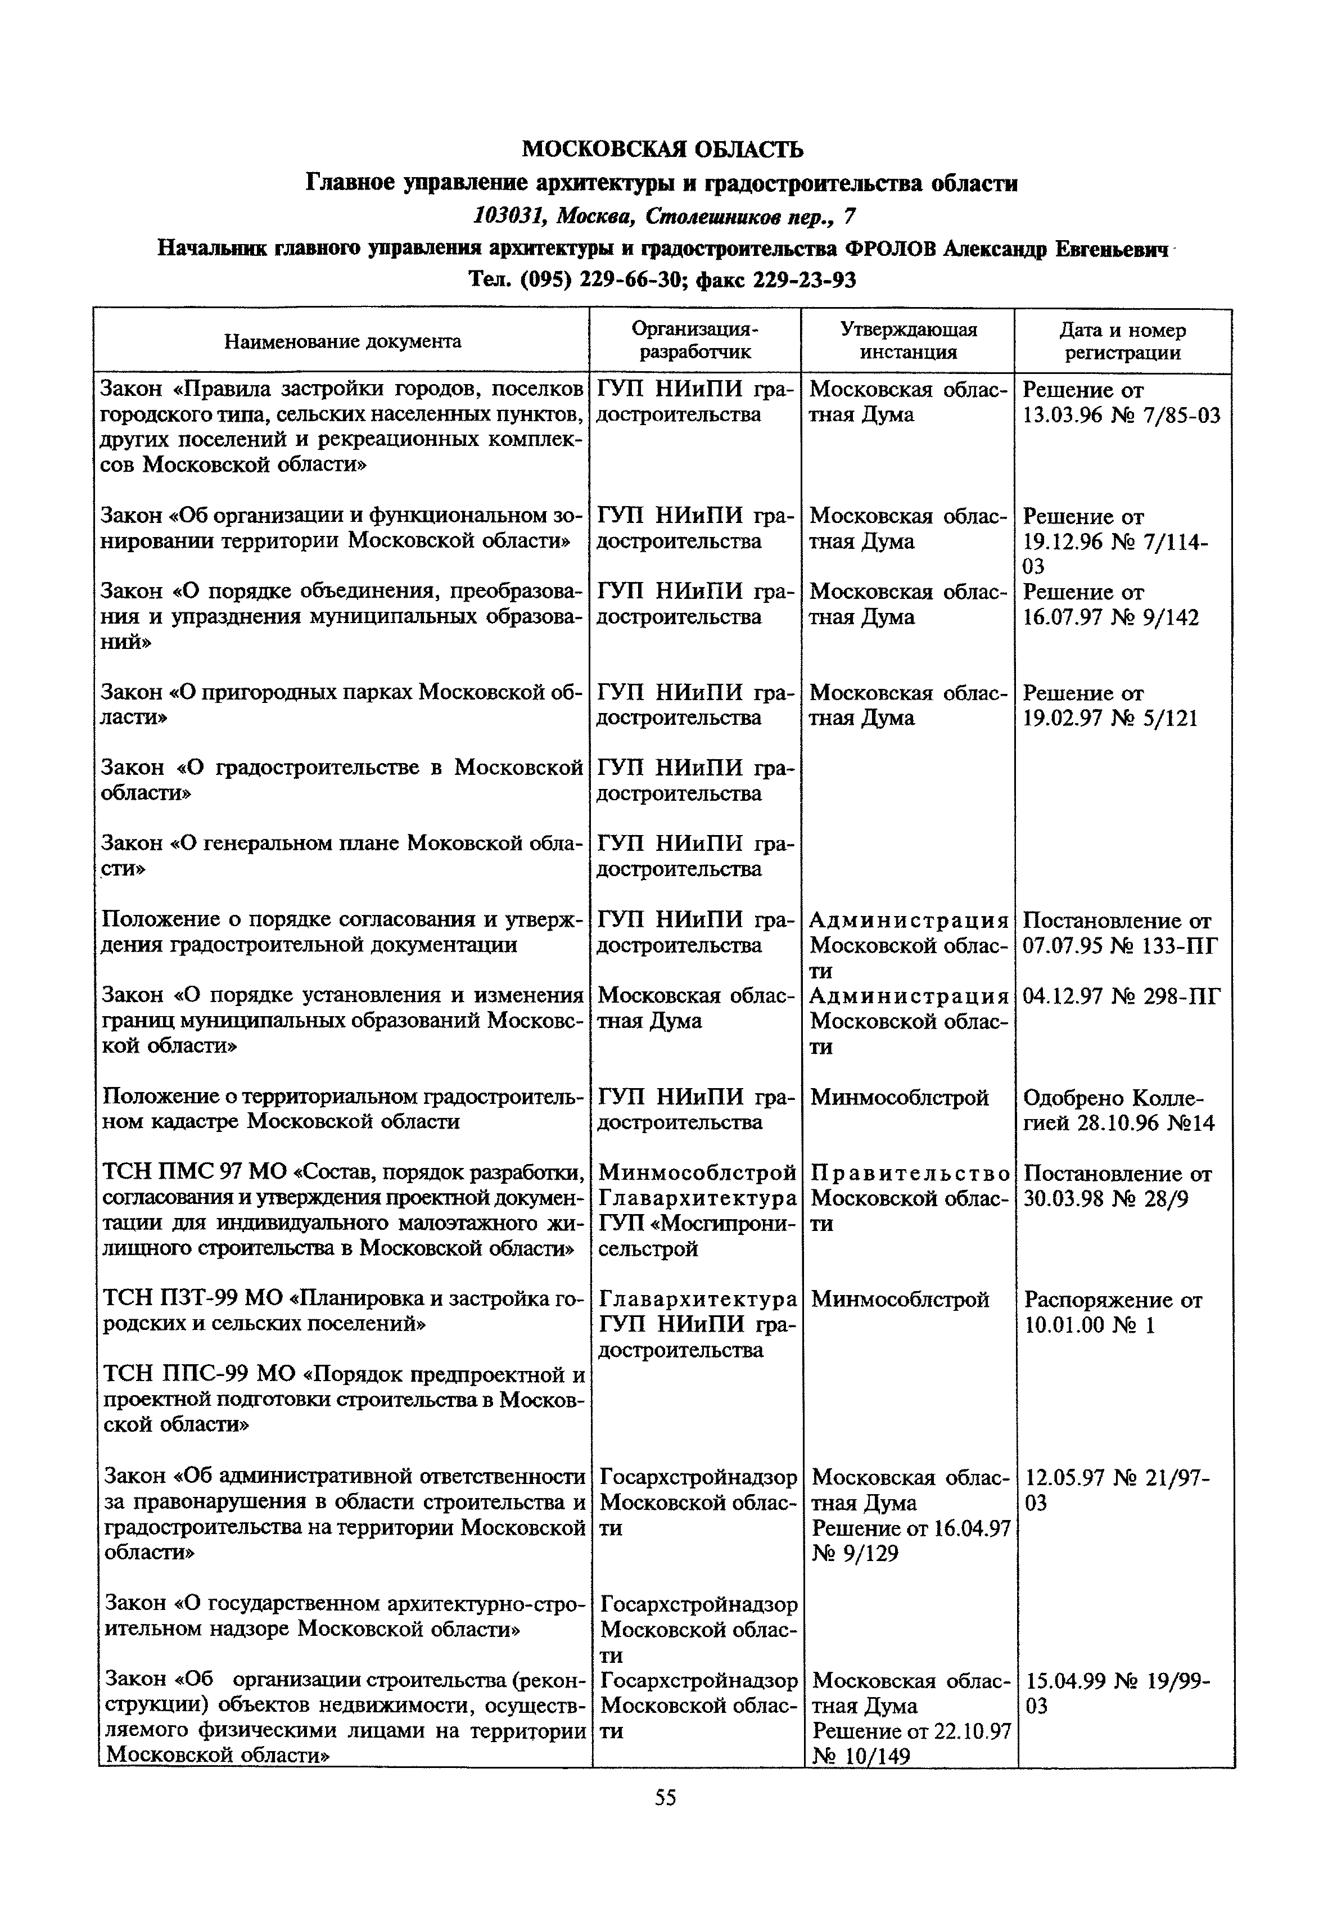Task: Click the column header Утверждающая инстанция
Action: pyautogui.click(x=908, y=341)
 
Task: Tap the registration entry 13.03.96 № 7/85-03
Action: pyautogui.click(x=1121, y=414)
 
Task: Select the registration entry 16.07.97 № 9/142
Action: pyautogui.click(x=1111, y=617)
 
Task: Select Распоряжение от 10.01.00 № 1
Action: pyautogui.click(x=1113, y=1312)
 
